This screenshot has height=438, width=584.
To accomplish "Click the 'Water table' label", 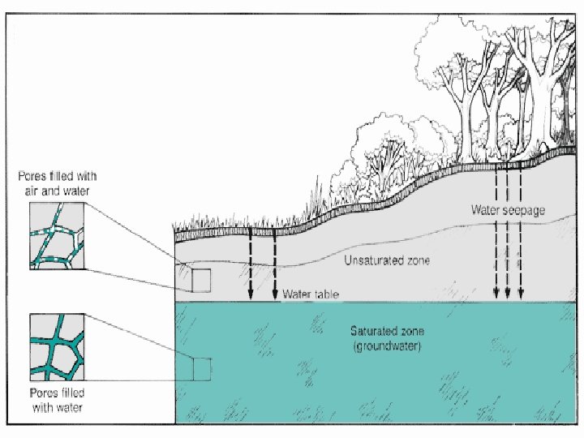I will pyautogui.click(x=310, y=294).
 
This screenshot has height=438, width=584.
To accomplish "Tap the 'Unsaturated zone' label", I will pyautogui.click(x=387, y=260).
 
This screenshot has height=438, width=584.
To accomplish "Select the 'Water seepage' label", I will pyautogui.click(x=508, y=209).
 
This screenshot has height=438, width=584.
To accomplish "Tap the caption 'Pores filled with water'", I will pyautogui.click(x=57, y=401).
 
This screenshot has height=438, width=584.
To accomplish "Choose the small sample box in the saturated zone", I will pyautogui.click(x=202, y=369).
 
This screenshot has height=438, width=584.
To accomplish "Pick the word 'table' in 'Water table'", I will pyautogui.click(x=324, y=294).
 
